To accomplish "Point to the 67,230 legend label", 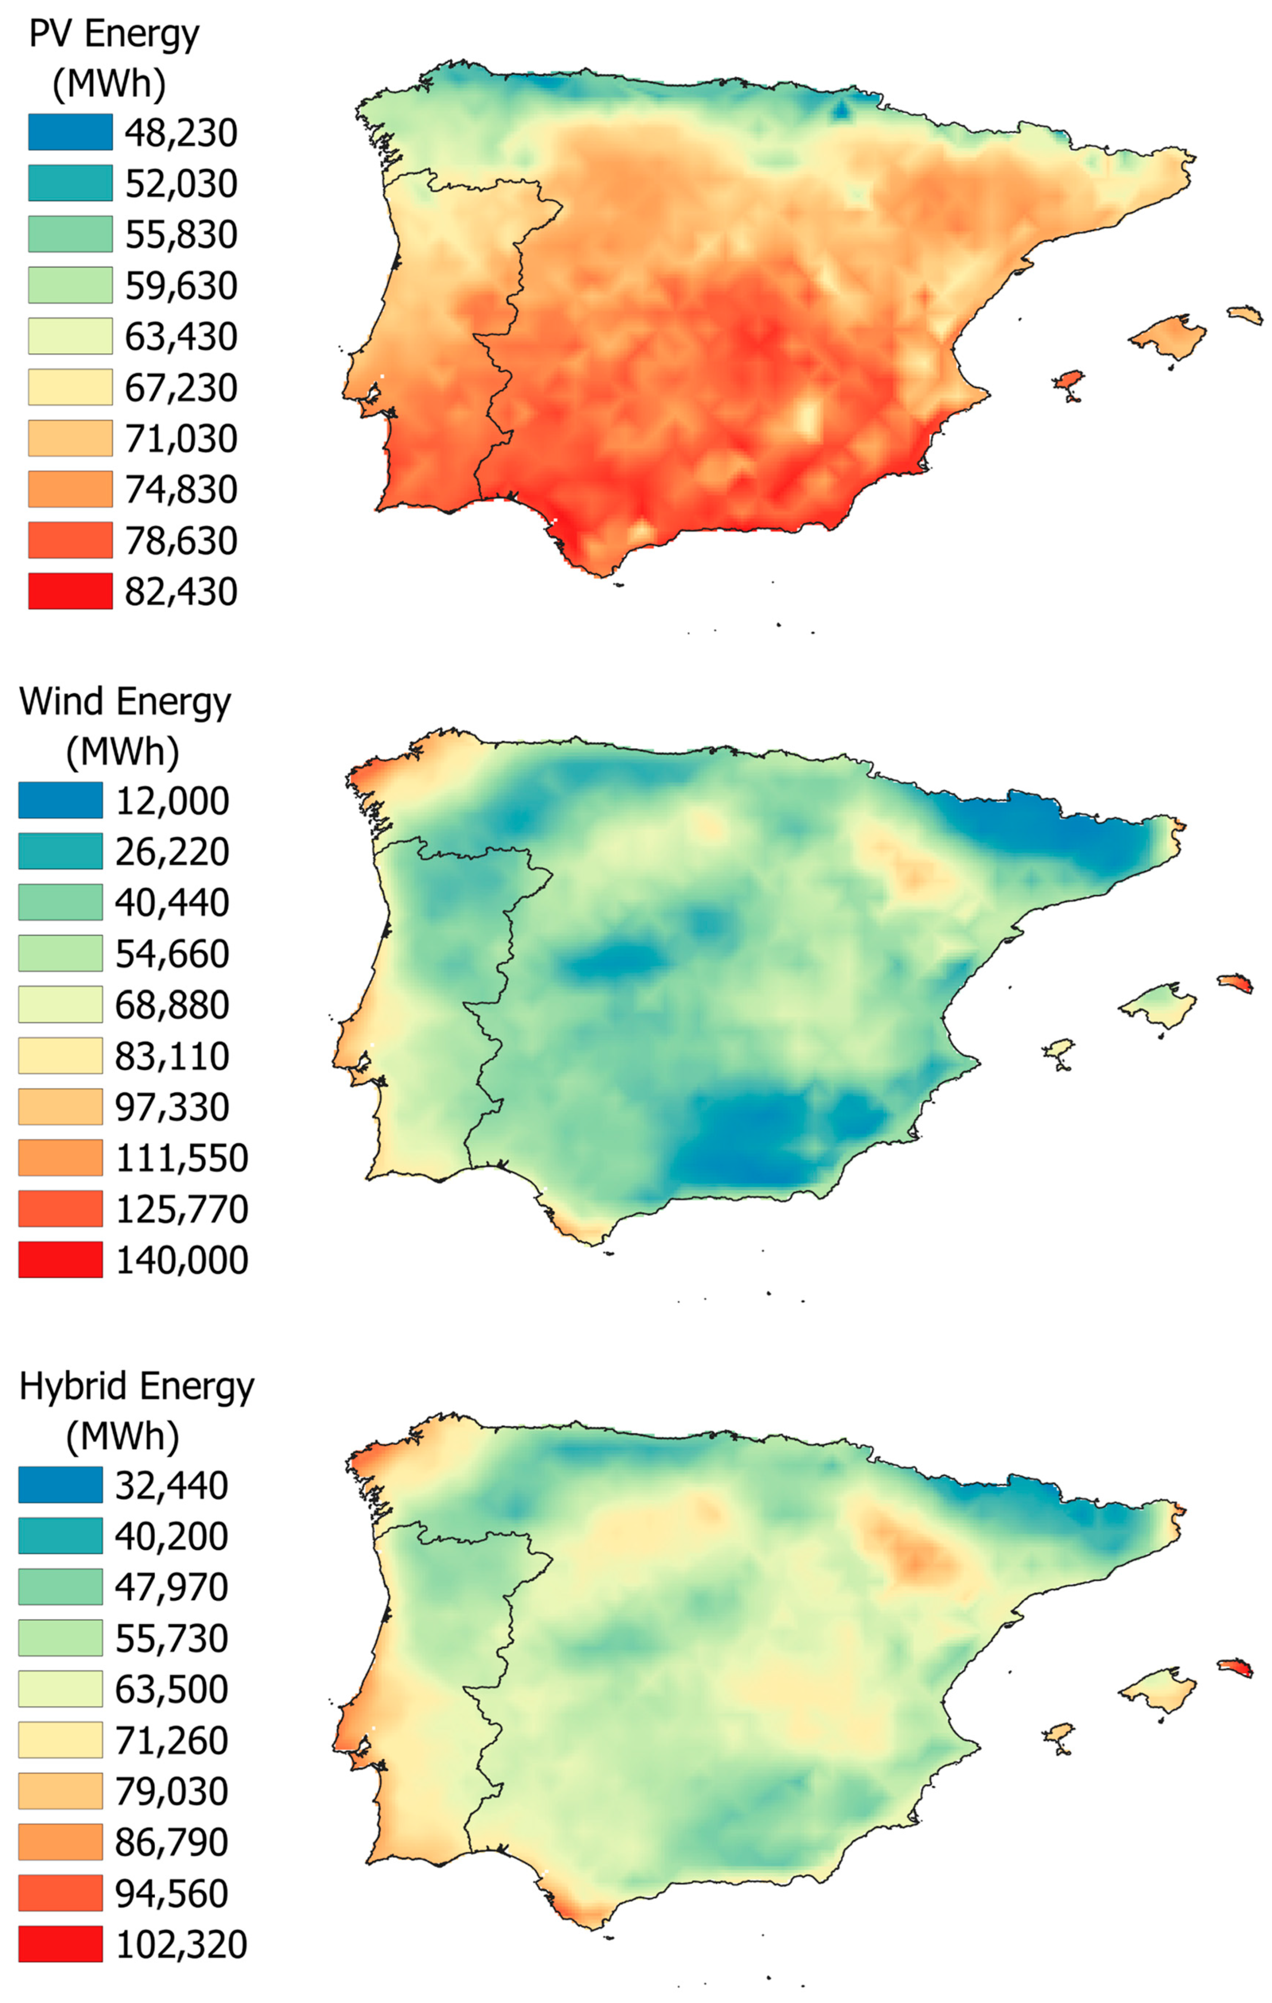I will [x=180, y=388].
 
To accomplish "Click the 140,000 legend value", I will [x=181, y=1260].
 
